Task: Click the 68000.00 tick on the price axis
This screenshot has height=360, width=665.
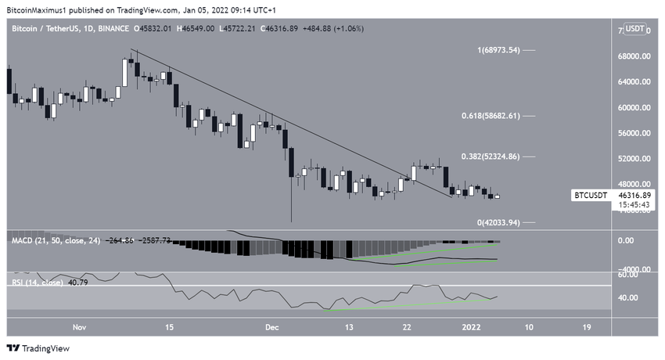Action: (x=634, y=56)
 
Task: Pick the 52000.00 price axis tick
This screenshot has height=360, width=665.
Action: (x=634, y=159)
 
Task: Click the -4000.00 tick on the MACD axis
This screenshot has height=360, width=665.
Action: (x=632, y=270)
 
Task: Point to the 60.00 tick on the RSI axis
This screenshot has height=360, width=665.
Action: (x=631, y=275)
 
